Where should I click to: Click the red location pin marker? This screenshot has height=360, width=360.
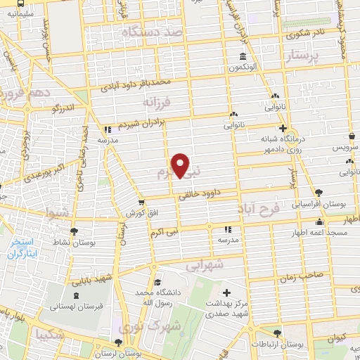181,165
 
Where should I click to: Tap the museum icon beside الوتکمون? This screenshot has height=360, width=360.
243,57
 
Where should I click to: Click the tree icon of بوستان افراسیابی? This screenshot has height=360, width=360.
319,191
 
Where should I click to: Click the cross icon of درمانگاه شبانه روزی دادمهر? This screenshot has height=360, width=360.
283,129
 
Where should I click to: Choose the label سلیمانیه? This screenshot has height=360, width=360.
20,12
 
